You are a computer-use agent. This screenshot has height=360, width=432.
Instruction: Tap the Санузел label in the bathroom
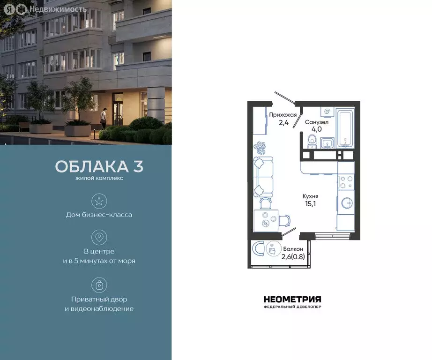(317, 122)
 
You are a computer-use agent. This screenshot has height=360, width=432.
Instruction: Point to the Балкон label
(293, 249)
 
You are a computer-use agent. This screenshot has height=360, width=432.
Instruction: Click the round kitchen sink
(347, 202)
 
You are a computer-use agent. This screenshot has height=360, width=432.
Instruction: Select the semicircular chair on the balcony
(257, 248)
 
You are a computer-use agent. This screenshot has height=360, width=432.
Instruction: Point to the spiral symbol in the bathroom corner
(326, 112)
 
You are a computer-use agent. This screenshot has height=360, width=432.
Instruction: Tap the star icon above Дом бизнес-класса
(99, 201)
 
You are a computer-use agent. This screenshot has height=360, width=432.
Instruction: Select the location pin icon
(99, 237)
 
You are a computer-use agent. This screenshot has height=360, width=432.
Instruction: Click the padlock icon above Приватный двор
(99, 285)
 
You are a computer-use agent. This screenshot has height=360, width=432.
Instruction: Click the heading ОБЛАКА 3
(99, 166)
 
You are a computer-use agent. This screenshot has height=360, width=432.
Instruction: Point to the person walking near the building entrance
(104, 117)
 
